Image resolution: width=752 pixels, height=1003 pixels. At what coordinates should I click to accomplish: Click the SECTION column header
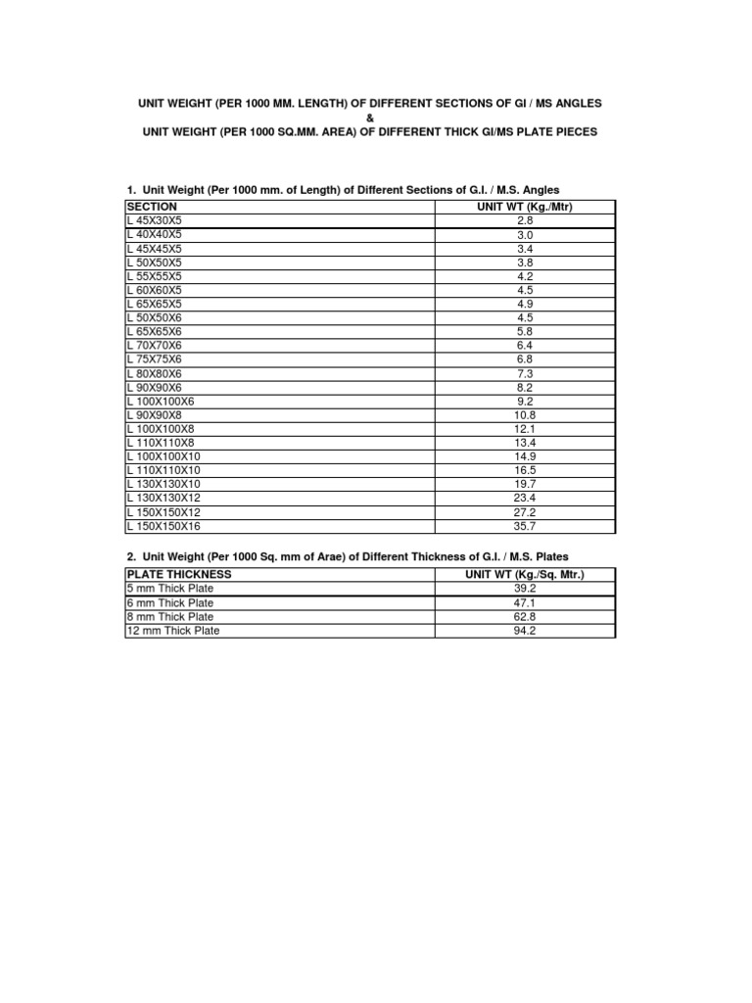pos(152,208)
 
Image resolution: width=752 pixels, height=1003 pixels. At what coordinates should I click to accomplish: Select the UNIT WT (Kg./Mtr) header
pos(525,208)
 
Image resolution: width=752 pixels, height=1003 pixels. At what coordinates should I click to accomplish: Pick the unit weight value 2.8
pos(525,221)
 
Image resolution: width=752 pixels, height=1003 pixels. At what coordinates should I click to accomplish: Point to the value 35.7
pos(525,526)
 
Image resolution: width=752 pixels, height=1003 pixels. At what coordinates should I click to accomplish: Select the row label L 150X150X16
pos(164,526)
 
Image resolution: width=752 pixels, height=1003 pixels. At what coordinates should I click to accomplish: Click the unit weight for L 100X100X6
pos(525,402)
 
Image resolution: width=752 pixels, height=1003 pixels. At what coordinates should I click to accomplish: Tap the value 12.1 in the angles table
pos(525,429)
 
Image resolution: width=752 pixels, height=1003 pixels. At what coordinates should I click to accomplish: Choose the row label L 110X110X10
pos(164,471)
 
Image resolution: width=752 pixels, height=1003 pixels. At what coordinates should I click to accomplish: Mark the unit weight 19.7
pos(525,485)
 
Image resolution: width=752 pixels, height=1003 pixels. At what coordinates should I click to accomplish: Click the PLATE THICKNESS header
pos(179,574)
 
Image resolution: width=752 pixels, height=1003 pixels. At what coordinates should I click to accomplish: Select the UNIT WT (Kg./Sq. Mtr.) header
pos(525,574)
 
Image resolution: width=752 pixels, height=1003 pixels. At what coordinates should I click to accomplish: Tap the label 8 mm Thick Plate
pos(170,617)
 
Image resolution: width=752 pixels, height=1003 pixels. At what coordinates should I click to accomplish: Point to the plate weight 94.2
pos(525,631)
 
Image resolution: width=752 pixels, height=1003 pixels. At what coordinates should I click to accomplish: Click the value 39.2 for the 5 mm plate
pos(525,589)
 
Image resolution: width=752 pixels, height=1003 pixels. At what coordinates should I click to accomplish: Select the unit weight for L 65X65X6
pos(525,332)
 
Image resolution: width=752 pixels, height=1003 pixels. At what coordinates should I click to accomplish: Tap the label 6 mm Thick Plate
pos(170,603)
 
